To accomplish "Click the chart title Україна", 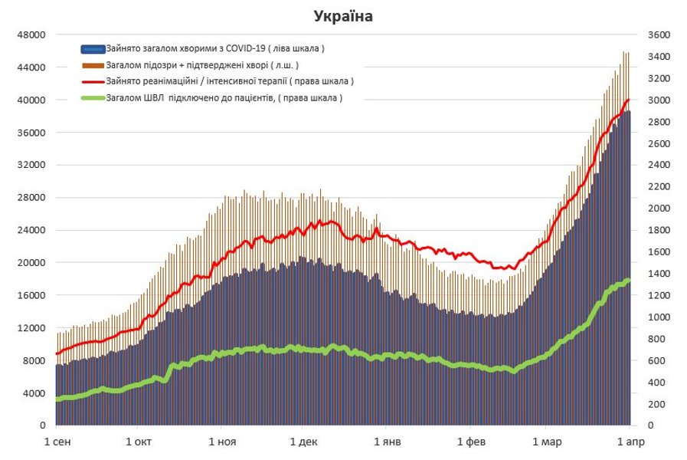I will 342,15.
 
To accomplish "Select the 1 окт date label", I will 139,442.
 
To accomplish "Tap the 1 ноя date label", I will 221,442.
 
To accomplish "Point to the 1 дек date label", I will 303,442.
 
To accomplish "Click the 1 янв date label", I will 388,442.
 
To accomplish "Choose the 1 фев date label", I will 471,442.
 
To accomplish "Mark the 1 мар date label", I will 546,442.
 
